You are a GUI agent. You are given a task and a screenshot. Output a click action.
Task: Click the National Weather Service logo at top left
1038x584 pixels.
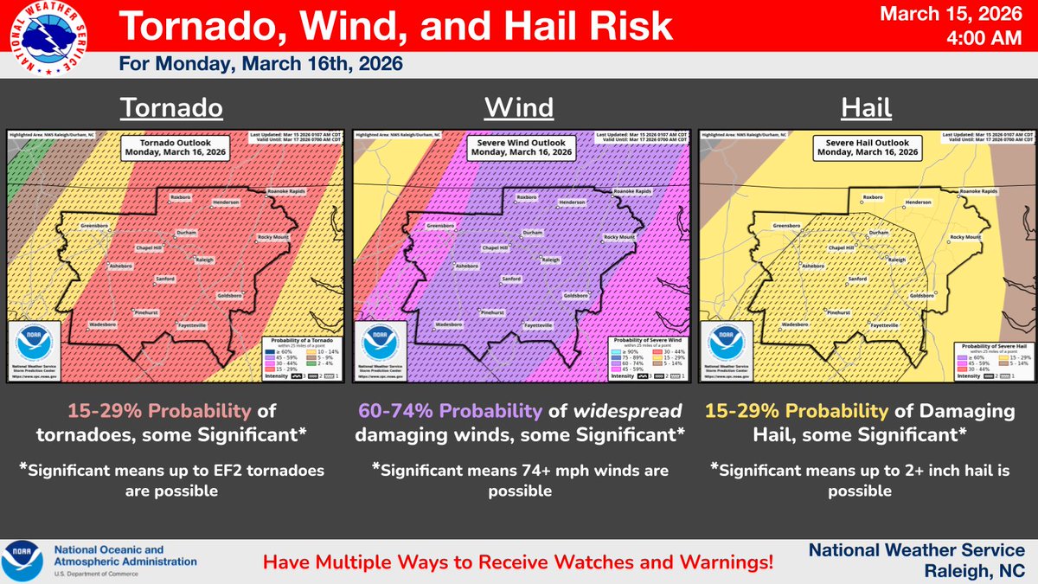point(43,40)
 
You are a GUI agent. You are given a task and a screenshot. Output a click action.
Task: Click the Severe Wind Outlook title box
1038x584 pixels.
point(519,147)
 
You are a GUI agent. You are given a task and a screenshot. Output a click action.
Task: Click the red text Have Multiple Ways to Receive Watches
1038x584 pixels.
point(518,562)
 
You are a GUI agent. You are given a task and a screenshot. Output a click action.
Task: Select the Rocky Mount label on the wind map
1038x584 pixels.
point(619,237)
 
